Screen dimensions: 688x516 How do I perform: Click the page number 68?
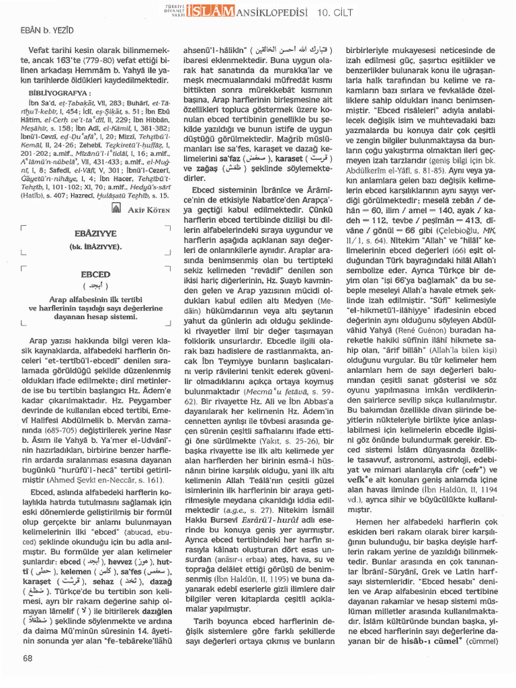coord(28,658)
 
